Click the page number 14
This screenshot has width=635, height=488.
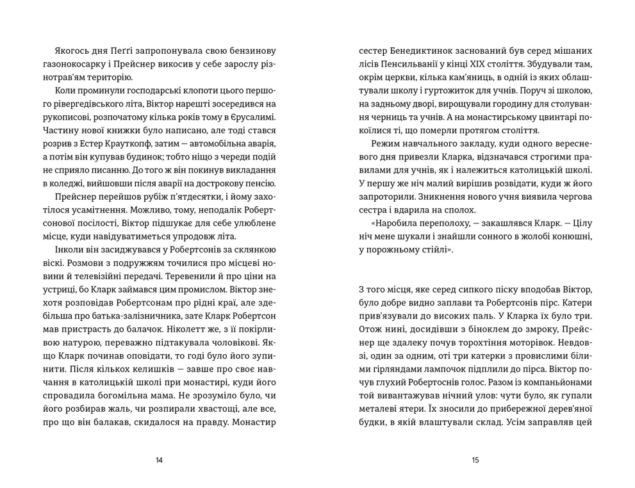pyautogui.click(x=159, y=460)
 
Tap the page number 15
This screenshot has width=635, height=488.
pyautogui.click(x=475, y=460)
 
